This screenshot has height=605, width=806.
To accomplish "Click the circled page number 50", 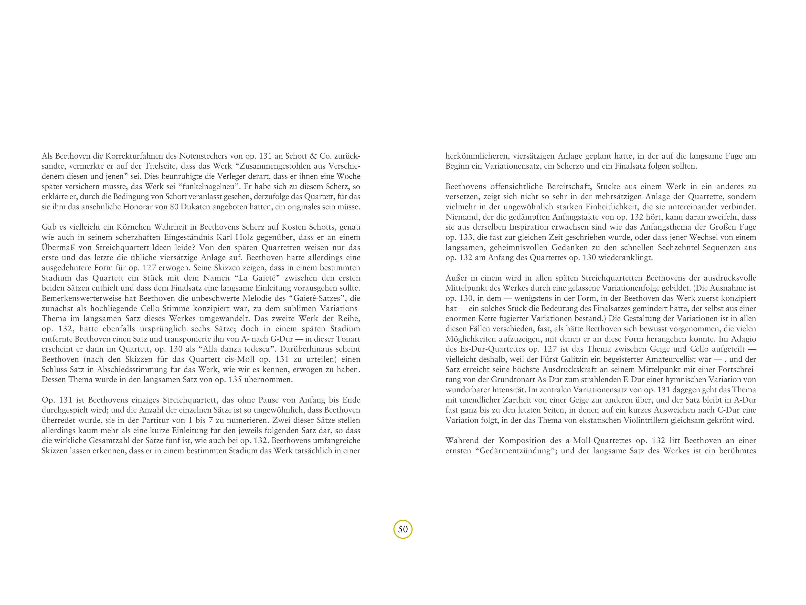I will click(403, 529).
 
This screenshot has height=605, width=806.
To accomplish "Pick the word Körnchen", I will click(132, 227).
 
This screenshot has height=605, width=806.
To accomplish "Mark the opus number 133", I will click(468, 237).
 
